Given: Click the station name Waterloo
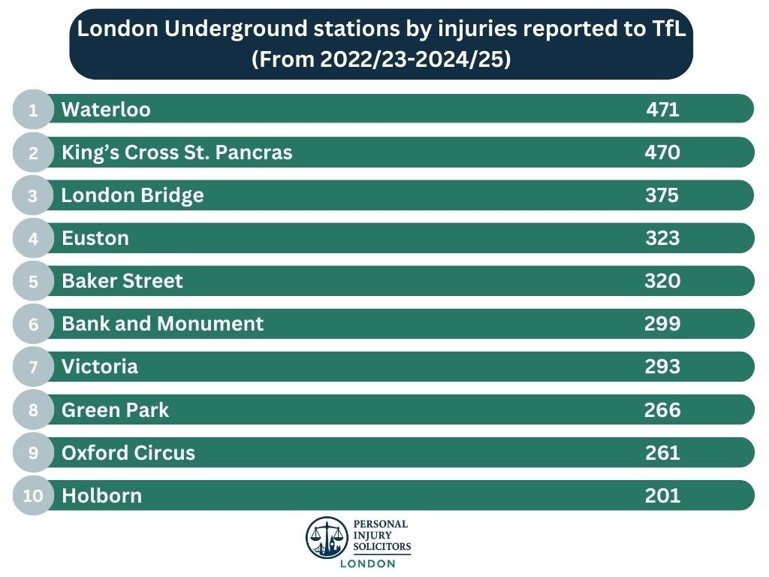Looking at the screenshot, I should tap(106, 110).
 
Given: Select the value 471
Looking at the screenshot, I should tap(662, 110).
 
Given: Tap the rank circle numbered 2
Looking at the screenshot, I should tap(33, 153).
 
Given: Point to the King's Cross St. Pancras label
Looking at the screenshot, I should tap(176, 153).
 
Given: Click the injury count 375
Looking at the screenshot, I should tap(662, 195).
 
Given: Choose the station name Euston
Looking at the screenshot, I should tap(95, 238).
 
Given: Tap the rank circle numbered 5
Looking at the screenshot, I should tap(33, 281).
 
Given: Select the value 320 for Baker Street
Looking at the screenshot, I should tap(662, 281).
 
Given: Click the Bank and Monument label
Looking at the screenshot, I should tap(162, 324).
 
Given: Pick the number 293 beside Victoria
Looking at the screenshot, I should tap(662, 367).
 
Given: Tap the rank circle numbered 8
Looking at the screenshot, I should tap(33, 409).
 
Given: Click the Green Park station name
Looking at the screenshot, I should tap(115, 409).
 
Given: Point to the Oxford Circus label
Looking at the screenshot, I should tap(128, 453).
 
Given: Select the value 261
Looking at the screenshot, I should tap(662, 453).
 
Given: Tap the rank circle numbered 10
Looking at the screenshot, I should tap(33, 496).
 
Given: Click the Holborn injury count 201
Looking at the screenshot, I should tap(662, 496).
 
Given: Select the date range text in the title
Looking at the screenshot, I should tap(381, 59).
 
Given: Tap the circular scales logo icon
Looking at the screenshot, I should tap(327, 536).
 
